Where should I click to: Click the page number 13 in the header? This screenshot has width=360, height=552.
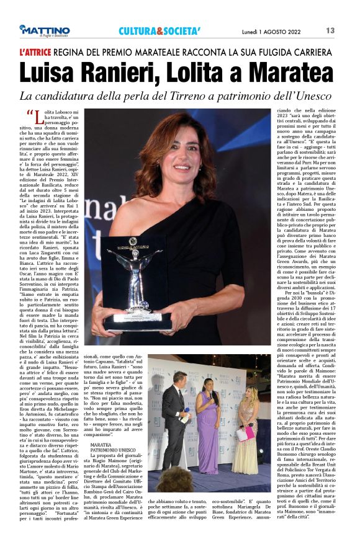348,30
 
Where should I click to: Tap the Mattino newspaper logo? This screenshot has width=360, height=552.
44,30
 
